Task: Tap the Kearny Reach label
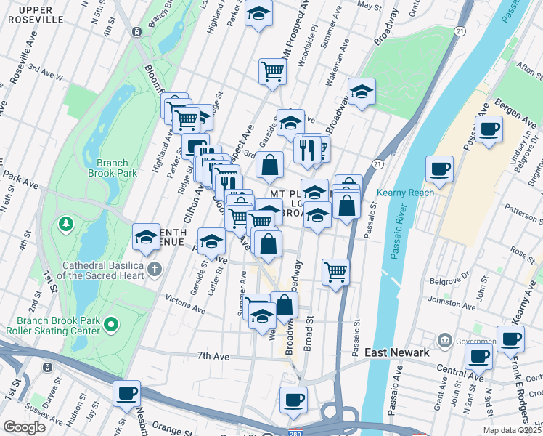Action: coord(405,193)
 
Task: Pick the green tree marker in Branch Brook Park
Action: coord(67,222)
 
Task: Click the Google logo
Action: coord(25,427)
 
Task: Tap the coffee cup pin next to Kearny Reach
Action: coord(440,169)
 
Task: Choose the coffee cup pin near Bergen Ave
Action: coord(489,128)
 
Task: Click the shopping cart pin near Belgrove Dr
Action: coord(335,271)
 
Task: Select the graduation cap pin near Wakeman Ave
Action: coord(362,91)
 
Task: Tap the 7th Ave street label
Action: coord(213,356)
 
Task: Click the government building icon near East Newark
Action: coord(444,340)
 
